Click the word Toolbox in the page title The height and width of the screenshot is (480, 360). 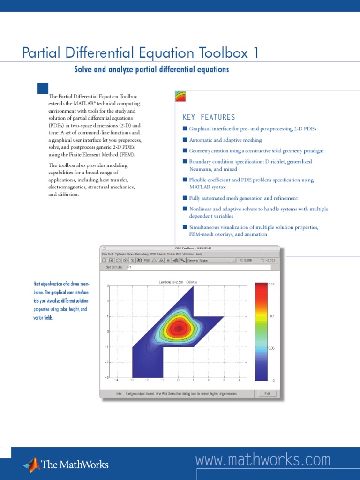point(222,53)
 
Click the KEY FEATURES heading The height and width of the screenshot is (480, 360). point(209,117)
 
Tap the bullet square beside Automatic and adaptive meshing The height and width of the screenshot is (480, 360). point(185,140)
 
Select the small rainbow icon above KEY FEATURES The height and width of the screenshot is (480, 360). point(180,97)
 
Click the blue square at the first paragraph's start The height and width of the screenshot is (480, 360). point(43,88)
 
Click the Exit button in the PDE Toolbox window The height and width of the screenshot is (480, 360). point(267,394)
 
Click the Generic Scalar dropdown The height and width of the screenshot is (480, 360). point(210,260)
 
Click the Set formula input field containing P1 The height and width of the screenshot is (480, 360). point(197,267)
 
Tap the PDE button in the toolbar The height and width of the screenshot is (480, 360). point(147,260)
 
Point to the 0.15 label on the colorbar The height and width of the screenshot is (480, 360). point(272,285)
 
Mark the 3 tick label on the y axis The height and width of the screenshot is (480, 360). point(108,285)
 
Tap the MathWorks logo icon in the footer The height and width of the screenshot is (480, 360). point(32,464)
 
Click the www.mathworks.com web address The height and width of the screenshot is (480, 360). point(262,460)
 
